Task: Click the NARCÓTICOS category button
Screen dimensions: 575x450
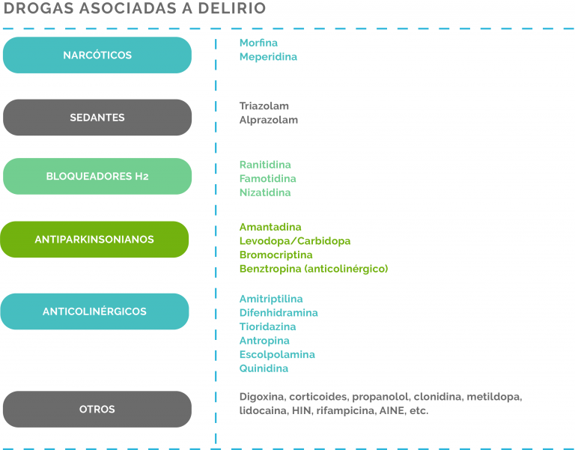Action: point(97,55)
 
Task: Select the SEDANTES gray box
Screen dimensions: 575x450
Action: point(97,118)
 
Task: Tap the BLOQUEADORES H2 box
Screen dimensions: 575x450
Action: point(97,177)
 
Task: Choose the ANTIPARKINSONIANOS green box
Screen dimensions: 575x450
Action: point(94,240)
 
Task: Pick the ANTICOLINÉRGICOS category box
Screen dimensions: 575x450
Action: point(94,311)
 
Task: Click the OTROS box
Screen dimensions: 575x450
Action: point(97,409)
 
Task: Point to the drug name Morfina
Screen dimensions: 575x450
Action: point(258,43)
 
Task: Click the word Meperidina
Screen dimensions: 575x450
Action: point(268,57)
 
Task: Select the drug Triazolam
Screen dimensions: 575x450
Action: point(264,106)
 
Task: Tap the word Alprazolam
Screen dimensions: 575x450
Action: point(269,120)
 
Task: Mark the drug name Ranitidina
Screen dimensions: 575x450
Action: point(265,165)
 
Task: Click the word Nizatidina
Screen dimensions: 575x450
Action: point(265,192)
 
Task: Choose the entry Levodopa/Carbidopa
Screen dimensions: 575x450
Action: point(295,241)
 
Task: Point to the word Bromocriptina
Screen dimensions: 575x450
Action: point(276,255)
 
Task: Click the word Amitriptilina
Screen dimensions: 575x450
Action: point(271,299)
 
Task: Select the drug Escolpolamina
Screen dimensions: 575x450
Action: point(277,355)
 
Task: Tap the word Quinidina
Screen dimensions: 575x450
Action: point(264,368)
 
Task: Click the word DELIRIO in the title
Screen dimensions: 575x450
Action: point(232,8)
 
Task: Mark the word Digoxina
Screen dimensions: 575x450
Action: point(262,397)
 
